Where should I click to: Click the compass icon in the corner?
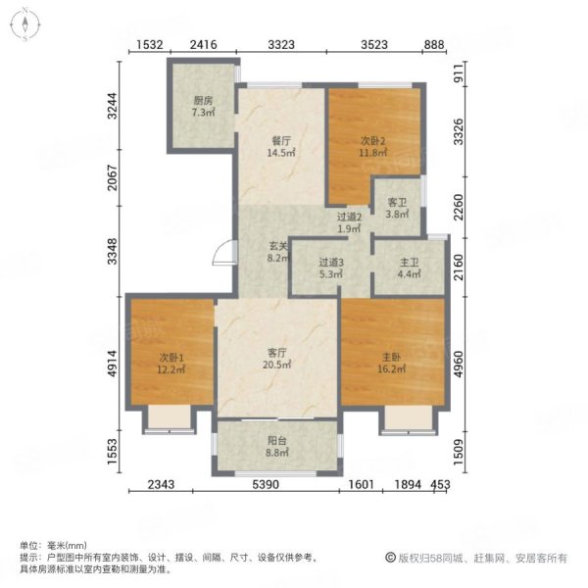click(25, 25)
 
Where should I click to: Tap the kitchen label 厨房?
click(203, 101)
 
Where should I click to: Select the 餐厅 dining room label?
click(281, 141)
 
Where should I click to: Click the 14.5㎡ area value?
click(281, 153)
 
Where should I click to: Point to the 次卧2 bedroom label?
click(372, 141)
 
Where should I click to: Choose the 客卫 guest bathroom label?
click(397, 203)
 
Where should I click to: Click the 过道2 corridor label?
click(349, 217)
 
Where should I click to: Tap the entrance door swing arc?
click(221, 253)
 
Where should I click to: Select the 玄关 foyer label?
click(278, 246)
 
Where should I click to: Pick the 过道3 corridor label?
click(331, 262)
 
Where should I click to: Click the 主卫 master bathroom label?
click(409, 262)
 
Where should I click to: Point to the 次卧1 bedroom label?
click(171, 358)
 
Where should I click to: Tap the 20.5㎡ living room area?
click(276, 365)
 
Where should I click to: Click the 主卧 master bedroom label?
click(391, 357)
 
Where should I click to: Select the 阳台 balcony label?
click(276, 441)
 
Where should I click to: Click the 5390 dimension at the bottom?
click(266, 484)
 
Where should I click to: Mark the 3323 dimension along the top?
click(281, 45)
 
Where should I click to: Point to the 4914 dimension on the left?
click(112, 364)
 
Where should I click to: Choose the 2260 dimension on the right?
click(459, 208)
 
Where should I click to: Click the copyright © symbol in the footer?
click(390, 558)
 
